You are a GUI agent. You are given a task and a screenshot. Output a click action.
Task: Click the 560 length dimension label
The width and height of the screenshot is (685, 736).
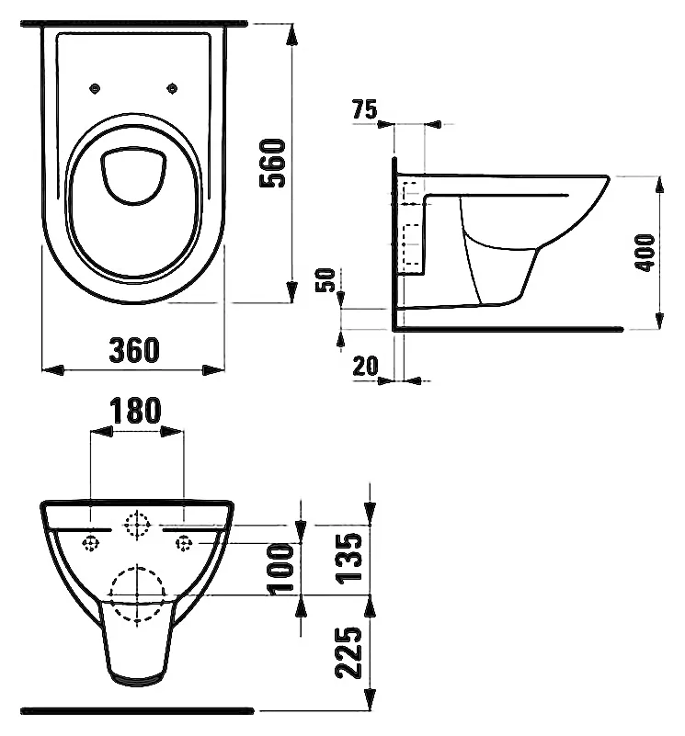(272, 163)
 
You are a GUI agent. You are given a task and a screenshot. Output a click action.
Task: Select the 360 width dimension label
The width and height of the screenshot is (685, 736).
(134, 350)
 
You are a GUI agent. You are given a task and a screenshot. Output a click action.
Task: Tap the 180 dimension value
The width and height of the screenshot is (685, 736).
(135, 410)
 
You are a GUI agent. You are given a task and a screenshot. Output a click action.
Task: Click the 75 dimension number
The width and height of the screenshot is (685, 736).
(365, 110)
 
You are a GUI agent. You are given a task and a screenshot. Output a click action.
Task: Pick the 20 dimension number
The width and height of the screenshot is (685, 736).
(365, 366)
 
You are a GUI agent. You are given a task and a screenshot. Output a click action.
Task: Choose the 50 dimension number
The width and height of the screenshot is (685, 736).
(325, 279)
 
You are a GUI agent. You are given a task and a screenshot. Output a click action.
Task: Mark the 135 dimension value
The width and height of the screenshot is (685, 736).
(348, 559)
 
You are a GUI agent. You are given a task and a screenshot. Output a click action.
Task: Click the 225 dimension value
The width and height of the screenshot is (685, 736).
(348, 652)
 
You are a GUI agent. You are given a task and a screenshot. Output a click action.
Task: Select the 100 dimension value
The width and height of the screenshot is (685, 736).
(280, 569)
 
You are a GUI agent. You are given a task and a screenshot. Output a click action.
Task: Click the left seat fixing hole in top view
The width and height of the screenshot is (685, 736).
(95, 88)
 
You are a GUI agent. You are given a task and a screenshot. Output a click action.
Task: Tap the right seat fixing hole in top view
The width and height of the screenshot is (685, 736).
(173, 88)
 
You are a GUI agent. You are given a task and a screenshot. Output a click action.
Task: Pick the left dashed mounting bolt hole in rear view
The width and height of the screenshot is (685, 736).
(91, 544)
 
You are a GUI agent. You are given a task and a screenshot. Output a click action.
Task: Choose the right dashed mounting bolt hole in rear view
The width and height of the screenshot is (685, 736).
(184, 544)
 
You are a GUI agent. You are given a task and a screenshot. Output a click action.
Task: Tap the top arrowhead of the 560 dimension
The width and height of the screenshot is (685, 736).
(292, 34)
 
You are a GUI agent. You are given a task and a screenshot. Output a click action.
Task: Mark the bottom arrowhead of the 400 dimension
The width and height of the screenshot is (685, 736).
(659, 319)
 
